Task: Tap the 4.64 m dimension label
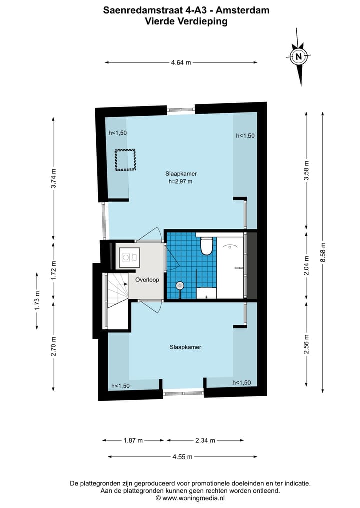tap(181, 62)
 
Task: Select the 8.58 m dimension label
tap(323, 252)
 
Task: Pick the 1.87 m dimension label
tap(133, 440)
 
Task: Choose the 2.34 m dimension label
tap(205, 440)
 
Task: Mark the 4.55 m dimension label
tap(182, 456)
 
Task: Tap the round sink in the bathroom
tap(180, 285)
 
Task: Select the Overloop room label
tap(147, 280)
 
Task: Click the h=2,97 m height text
tap(181, 182)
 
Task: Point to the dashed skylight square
tap(126, 160)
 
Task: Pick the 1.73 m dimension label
tap(37, 301)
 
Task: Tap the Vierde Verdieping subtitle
tap(186, 21)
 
